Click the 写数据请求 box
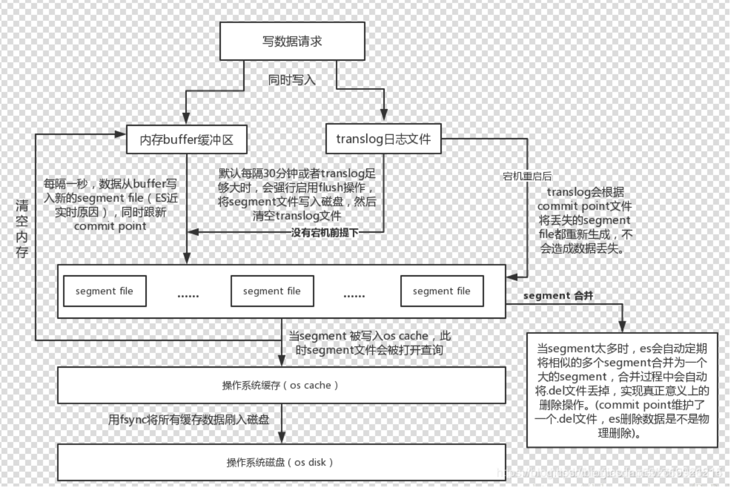pyautogui.click(x=292, y=41)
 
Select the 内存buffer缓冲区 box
pyautogui.click(x=186, y=140)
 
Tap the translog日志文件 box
pyautogui.click(x=383, y=139)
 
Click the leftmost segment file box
pyautogui.click(x=104, y=291)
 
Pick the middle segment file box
pyautogui.click(x=272, y=291)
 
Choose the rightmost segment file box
pyautogui.click(x=442, y=291)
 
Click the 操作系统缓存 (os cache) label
pyautogui.click(x=280, y=385)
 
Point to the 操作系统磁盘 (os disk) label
pyautogui.click(x=280, y=462)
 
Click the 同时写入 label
pyautogui.click(x=292, y=80)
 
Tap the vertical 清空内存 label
pyautogui.click(x=22, y=228)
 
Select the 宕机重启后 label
pyautogui.click(x=527, y=176)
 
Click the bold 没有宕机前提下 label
pyautogui.click(x=324, y=233)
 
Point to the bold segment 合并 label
pyautogui.click(x=558, y=296)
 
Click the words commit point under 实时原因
pyautogui.click(x=110, y=226)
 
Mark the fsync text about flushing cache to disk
pyautogui.click(x=189, y=420)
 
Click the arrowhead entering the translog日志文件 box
pyautogui.click(x=384, y=116)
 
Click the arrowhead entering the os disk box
pyautogui.click(x=281, y=438)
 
